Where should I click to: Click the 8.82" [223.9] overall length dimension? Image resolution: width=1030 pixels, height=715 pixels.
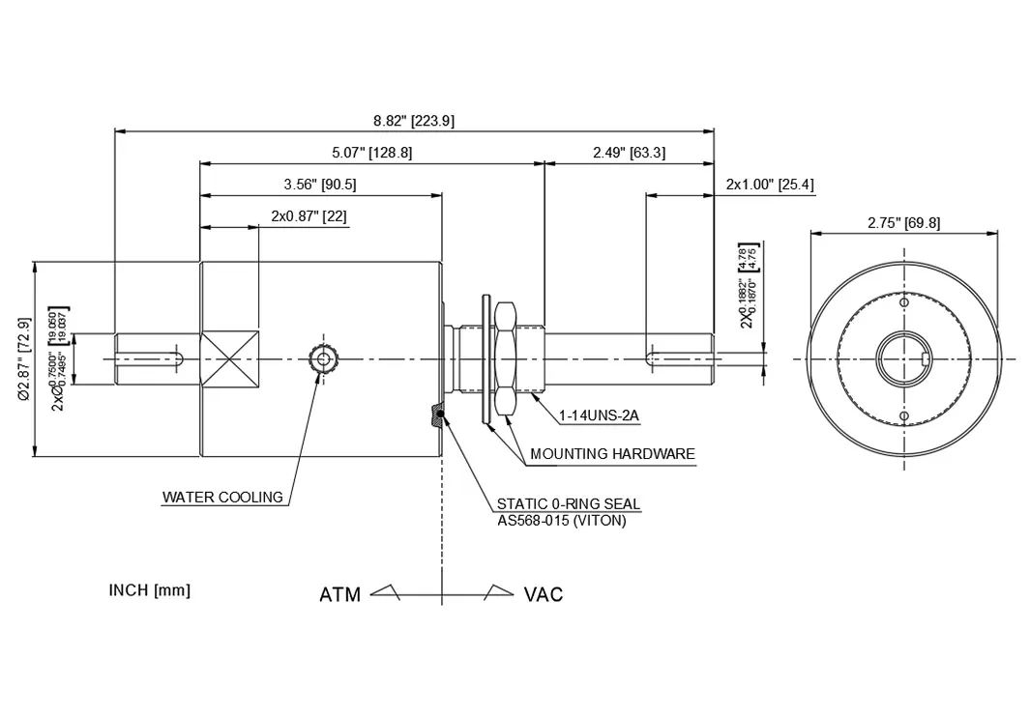[414, 121]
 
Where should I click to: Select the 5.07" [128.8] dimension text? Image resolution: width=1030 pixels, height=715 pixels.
[371, 153]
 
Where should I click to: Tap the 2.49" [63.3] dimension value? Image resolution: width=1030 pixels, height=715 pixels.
[629, 153]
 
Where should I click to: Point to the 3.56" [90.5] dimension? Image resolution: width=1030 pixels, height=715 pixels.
[320, 185]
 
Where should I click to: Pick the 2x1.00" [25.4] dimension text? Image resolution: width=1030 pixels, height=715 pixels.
[770, 185]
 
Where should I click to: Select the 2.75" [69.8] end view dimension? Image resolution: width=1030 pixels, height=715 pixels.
[903, 223]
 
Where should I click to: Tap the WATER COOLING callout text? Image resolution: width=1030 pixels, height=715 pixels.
[222, 498]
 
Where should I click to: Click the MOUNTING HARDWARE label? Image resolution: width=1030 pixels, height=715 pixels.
[612, 453]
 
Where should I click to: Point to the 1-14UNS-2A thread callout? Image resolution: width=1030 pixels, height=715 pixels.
[599, 416]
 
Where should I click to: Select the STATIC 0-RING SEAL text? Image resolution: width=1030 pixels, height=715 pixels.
[568, 503]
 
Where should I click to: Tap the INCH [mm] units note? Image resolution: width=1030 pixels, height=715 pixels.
[149, 590]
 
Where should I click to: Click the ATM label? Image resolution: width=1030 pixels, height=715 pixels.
[339, 594]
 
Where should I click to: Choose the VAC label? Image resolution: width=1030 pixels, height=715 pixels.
[543, 594]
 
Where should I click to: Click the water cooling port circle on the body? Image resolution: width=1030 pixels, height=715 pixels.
[321, 359]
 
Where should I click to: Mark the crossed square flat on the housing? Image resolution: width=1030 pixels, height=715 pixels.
[229, 359]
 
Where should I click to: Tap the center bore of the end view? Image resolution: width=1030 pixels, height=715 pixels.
[903, 359]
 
